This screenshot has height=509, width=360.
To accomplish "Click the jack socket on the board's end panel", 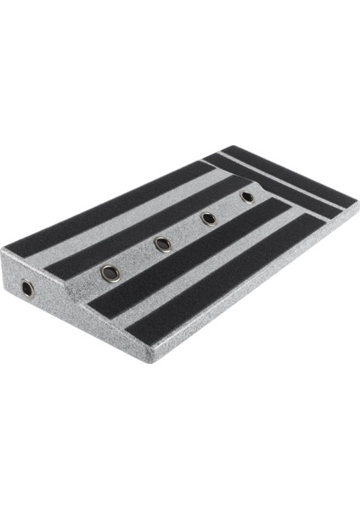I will click(28, 288).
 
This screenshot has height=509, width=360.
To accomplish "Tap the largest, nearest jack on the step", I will click(110, 272).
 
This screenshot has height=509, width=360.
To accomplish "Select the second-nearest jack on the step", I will click(162, 244).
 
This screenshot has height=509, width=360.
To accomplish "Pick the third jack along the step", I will click(208, 219).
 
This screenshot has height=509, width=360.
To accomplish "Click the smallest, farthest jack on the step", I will click(247, 197).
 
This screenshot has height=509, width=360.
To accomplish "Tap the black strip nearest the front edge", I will click(229, 280).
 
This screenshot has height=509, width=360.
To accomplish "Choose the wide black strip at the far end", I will click(289, 178).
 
